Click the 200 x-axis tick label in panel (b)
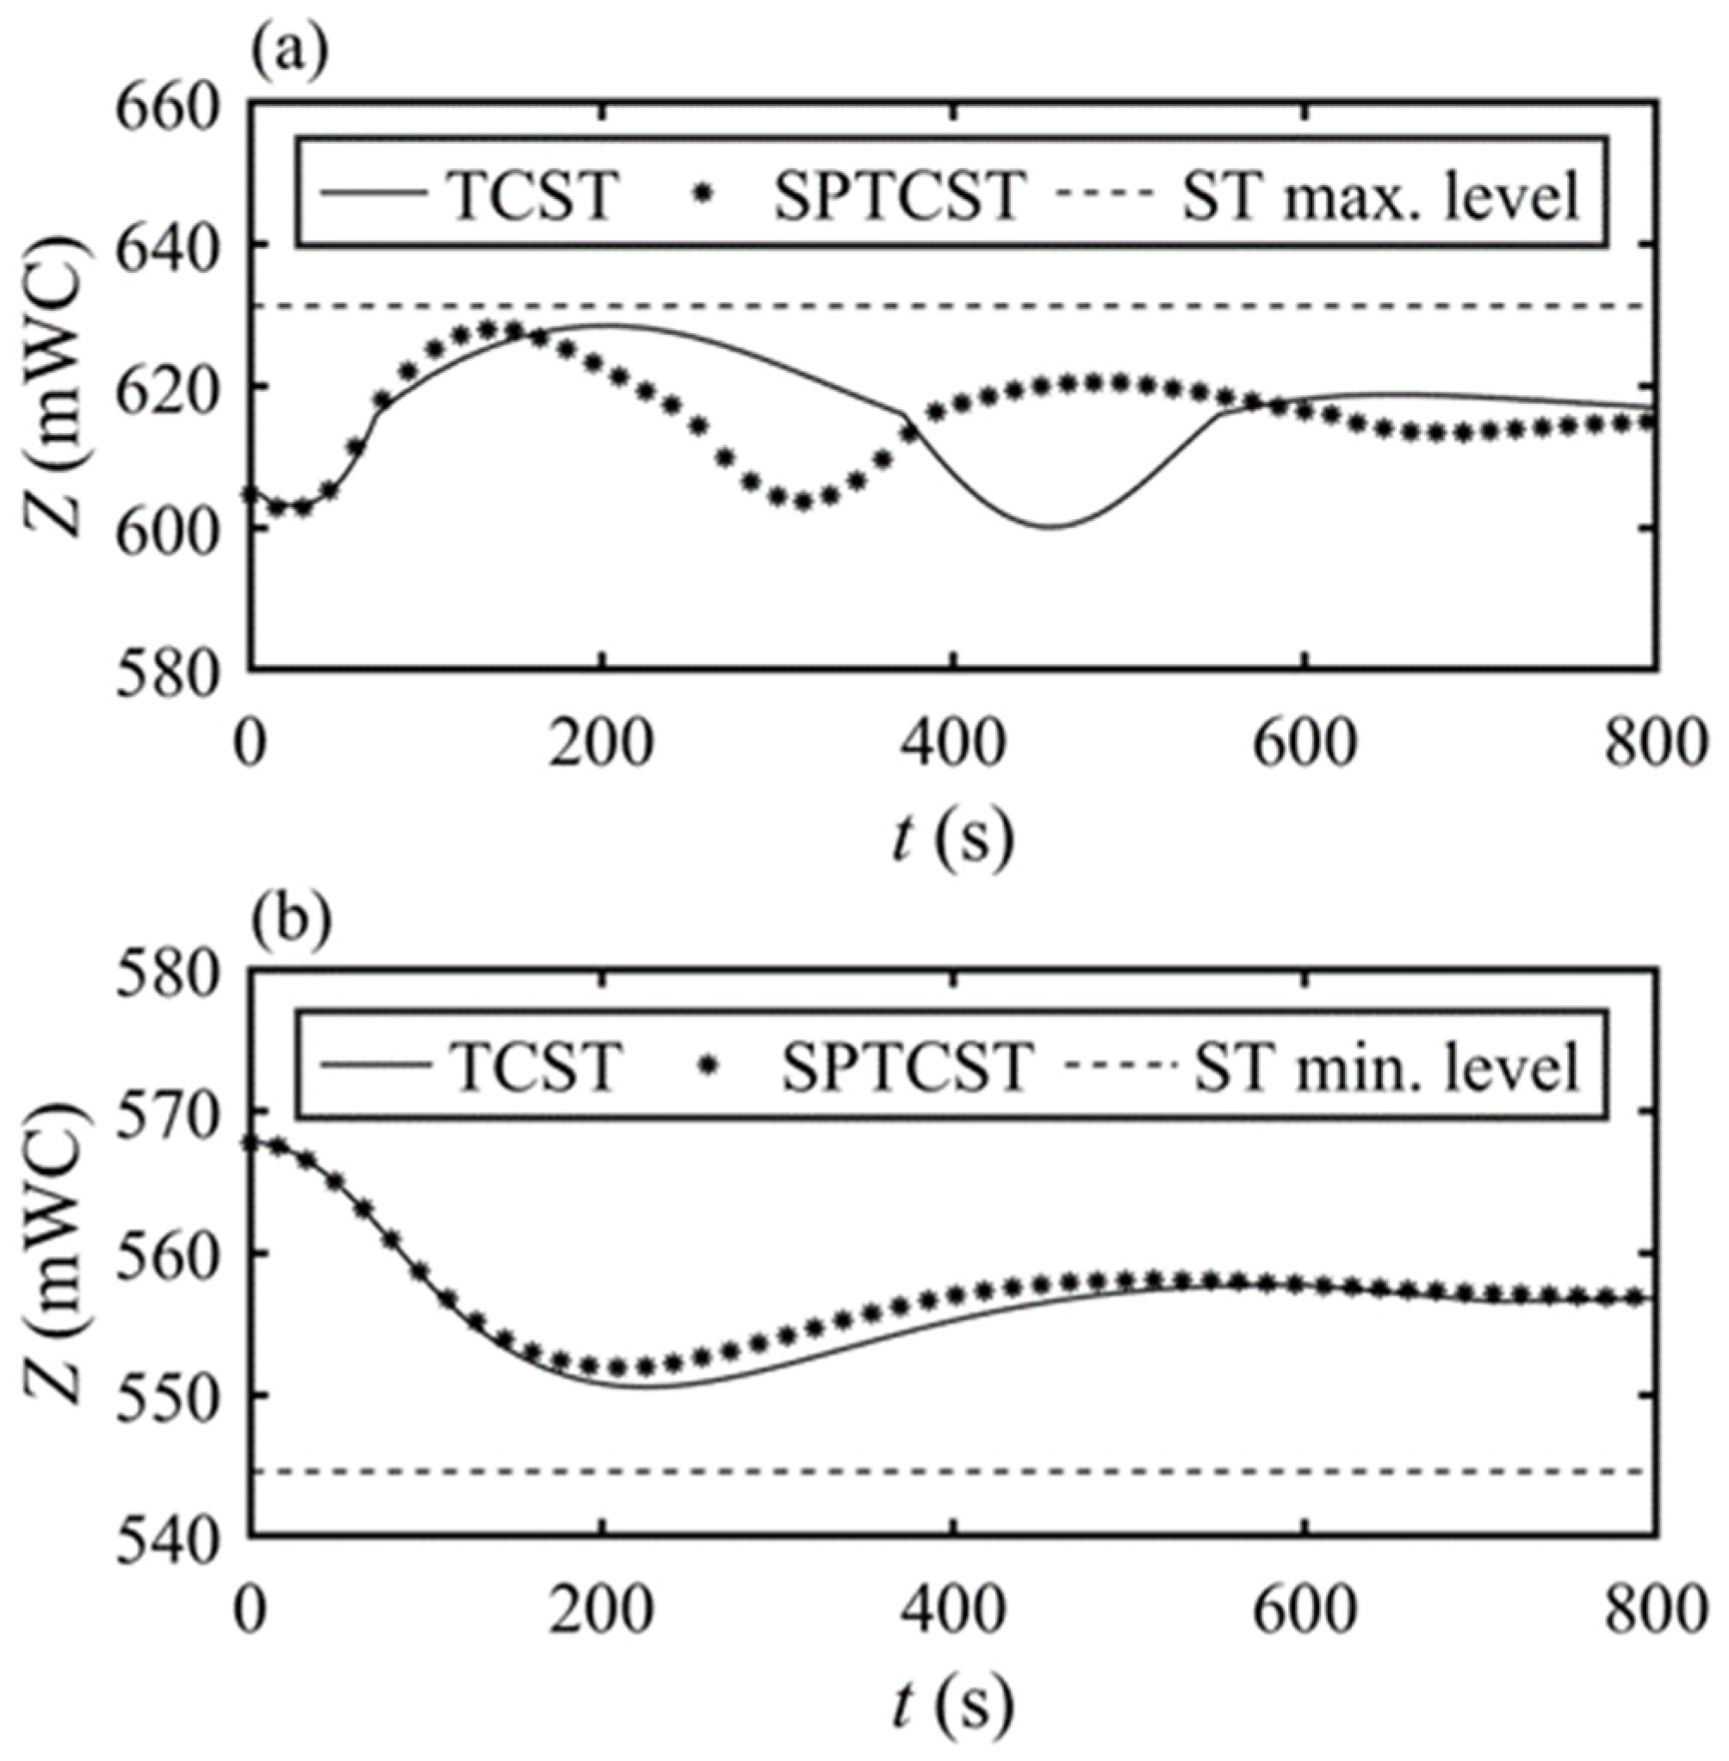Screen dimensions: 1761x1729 (601, 1610)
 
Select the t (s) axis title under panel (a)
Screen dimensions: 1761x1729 (952, 840)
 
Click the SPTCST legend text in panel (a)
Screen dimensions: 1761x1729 (899, 195)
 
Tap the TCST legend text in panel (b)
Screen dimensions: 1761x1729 (536, 1064)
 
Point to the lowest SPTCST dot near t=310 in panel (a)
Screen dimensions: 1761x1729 (803, 501)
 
